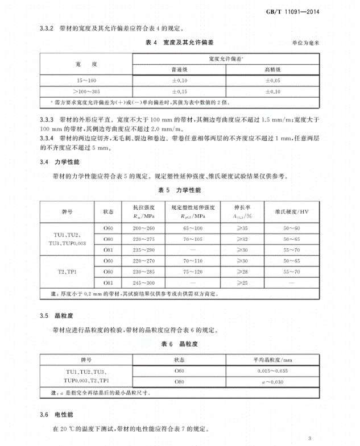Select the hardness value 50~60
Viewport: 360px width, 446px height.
(x=293, y=228)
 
